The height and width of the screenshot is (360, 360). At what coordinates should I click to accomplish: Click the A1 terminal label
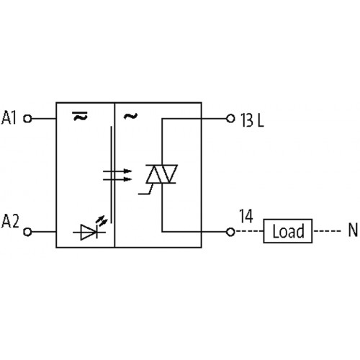pyautogui.click(x=9, y=117)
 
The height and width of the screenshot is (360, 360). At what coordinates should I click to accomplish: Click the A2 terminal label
pyautogui.click(x=10, y=221)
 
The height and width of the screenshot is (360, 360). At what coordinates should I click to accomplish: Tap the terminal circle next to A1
pyautogui.click(x=27, y=119)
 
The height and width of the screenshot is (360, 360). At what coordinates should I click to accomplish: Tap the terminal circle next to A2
pyautogui.click(x=27, y=232)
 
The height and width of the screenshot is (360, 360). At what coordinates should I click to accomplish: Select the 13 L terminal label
pyautogui.click(x=252, y=120)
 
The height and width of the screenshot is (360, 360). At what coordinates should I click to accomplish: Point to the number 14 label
pyautogui.click(x=246, y=216)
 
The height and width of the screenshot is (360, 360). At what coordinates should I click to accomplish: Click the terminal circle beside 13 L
pyautogui.click(x=230, y=118)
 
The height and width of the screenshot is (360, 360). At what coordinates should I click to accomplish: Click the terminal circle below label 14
pyautogui.click(x=230, y=232)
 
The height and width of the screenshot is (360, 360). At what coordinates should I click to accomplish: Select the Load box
pyautogui.click(x=288, y=231)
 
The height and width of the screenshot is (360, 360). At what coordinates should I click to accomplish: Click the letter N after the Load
pyautogui.click(x=353, y=230)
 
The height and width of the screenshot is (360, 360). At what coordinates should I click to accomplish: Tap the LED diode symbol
pyautogui.click(x=89, y=232)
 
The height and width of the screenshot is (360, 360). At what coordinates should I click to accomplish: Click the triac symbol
pyautogui.click(x=162, y=174)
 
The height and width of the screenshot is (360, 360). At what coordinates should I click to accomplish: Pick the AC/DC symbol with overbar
pyautogui.click(x=80, y=116)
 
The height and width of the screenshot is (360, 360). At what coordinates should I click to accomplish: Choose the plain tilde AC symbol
pyautogui.click(x=130, y=116)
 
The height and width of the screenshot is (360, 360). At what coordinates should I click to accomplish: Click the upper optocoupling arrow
pyautogui.click(x=117, y=171)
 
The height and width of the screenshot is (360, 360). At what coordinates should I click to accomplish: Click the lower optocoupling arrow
pyautogui.click(x=117, y=179)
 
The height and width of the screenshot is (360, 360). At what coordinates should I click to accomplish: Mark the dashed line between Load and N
pyautogui.click(x=328, y=231)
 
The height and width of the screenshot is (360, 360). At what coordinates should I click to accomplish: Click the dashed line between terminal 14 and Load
pyautogui.click(x=249, y=232)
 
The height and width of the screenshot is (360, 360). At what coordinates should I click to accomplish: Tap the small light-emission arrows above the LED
pyautogui.click(x=102, y=221)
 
